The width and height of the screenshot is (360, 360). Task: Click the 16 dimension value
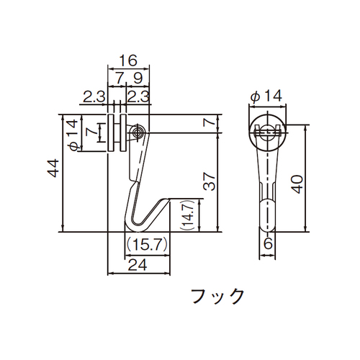click(128, 60)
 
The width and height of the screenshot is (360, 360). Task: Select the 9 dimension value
click(138, 78)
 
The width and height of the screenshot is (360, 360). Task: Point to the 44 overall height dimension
click(53, 168)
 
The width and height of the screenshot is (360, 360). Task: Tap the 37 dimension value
click(210, 181)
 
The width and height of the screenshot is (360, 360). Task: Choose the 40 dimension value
click(298, 184)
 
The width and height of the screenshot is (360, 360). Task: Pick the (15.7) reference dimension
click(146, 245)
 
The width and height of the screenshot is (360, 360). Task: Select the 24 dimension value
click(138, 265)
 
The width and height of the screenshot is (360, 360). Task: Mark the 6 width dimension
click(268, 244)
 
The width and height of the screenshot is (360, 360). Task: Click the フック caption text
click(217, 296)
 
